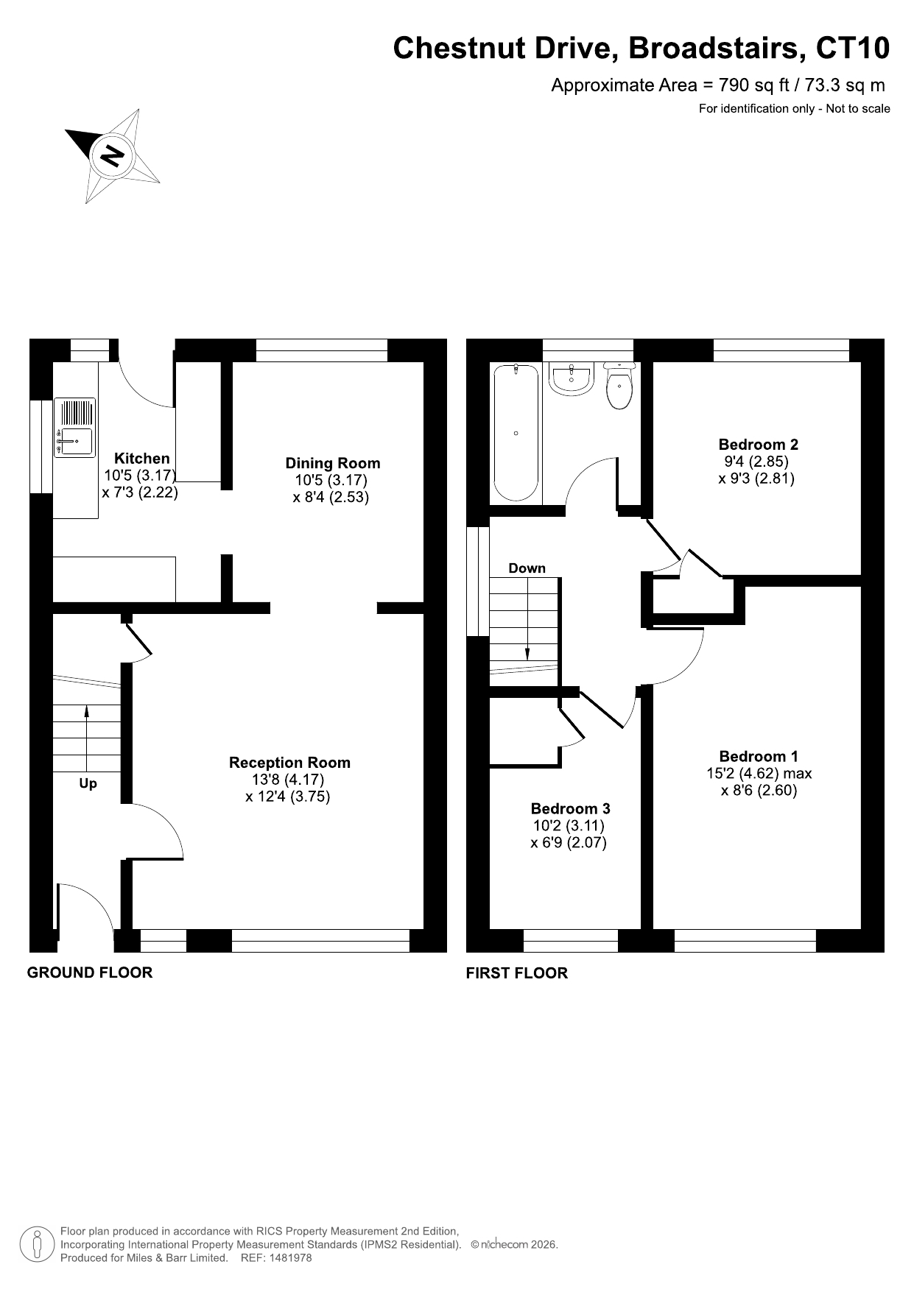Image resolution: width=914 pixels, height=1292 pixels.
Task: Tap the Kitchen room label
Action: [x=141, y=459]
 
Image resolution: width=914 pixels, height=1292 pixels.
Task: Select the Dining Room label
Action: [x=333, y=463]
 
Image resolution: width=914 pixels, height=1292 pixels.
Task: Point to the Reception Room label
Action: [x=289, y=763]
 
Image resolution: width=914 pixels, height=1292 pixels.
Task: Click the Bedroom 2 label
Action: [x=758, y=445]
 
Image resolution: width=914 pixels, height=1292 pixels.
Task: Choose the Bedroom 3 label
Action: [x=570, y=809]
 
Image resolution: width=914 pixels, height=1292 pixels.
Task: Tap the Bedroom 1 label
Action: [x=759, y=756]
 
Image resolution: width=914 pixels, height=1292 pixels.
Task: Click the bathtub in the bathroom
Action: [x=516, y=433]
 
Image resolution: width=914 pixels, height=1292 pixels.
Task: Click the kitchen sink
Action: [x=74, y=428]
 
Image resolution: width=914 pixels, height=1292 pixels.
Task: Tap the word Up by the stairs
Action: [x=88, y=783]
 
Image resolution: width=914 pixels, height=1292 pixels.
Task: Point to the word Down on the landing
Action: [x=527, y=568]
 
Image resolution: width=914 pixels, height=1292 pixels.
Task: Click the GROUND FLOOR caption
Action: [x=90, y=972]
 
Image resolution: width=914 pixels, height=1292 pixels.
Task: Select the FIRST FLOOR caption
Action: [x=517, y=973]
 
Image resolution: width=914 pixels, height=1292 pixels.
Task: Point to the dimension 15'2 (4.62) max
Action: [x=759, y=774]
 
